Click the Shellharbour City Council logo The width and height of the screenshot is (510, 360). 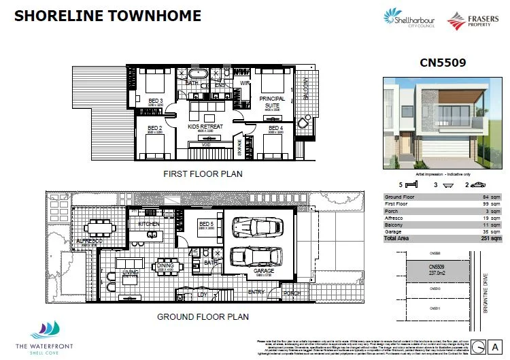409,18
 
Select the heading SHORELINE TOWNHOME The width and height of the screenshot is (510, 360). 107,16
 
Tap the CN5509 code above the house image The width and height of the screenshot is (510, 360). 443,63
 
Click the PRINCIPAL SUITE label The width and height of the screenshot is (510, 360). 272,102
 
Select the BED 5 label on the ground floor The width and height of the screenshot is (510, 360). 207,223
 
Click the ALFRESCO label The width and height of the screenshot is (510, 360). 88,241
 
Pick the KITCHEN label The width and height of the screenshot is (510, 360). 149,224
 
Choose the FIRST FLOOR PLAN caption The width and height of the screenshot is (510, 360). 203,174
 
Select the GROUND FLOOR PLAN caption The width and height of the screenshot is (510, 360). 203,316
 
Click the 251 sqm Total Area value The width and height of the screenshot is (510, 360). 491,239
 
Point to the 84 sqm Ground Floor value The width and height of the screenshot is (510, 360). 491,197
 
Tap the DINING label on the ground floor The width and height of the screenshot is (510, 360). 165,265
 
